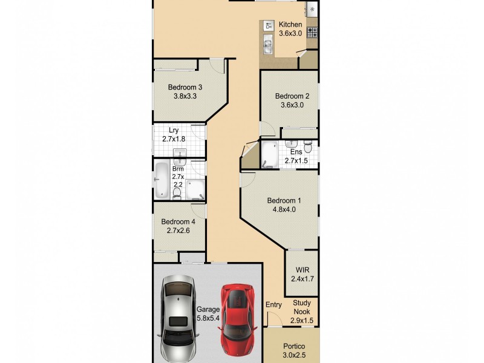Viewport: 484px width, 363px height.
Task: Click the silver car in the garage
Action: pos(178,319)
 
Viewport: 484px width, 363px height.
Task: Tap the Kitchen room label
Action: pos(290,25)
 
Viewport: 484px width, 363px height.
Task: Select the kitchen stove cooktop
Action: pos(312,33)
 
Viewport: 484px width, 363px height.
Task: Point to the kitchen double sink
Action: pos(267,43)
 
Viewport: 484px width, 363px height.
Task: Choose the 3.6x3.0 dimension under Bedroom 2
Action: pos(292,105)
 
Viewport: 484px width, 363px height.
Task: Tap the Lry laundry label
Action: pos(174,130)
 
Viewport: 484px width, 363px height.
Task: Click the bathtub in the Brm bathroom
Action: pos(162,180)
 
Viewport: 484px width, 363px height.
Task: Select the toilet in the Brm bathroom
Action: pos(177,194)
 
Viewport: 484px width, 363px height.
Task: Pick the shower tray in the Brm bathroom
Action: pos(195,189)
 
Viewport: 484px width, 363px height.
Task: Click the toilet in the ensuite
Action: pos(308,146)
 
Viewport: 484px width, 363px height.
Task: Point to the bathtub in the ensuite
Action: pos(270,154)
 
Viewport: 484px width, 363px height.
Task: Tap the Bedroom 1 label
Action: pos(284,201)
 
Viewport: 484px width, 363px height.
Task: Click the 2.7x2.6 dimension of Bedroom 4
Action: pos(178,231)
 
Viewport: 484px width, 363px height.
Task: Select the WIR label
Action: pos(302,270)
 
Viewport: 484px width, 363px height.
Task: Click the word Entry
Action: pos(273,305)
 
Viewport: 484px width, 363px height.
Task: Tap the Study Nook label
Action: pos(301,307)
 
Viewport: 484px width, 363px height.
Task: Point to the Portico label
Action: pos(294,346)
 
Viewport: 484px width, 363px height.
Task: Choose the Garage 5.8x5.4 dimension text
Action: pos(208,318)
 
